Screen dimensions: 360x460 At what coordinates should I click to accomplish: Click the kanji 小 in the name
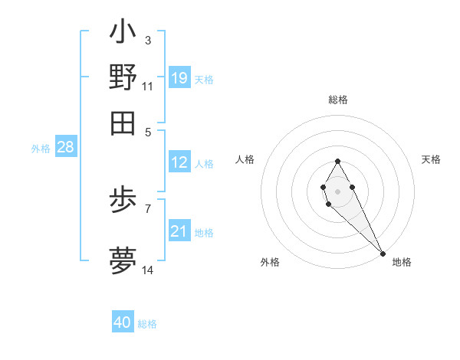click(123, 34)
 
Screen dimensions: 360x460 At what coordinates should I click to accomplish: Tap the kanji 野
click(123, 77)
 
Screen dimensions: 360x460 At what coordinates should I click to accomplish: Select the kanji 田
click(123, 123)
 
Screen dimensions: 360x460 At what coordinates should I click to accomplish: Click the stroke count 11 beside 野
click(148, 86)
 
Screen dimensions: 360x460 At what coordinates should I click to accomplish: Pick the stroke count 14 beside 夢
click(148, 270)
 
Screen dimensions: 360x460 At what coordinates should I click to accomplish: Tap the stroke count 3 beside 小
click(148, 40)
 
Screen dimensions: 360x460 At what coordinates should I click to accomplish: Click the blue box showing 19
click(179, 77)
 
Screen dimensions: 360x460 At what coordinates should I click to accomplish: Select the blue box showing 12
click(179, 162)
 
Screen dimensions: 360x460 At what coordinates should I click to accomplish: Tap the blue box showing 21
click(179, 231)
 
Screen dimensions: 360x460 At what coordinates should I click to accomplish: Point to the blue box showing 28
click(65, 147)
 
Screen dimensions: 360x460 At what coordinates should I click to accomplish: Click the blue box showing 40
click(123, 322)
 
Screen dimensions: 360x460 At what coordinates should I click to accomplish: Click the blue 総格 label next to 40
click(147, 324)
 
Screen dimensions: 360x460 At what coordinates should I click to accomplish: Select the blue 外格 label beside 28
click(41, 149)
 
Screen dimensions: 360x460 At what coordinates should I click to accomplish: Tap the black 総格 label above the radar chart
click(337, 100)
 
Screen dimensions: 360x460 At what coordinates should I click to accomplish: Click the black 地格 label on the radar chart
click(402, 262)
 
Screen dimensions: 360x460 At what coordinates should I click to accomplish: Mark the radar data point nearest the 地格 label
click(383, 254)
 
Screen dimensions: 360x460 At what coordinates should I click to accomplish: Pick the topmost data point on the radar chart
click(337, 161)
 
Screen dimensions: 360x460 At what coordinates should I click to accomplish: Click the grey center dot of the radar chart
click(337, 190)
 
